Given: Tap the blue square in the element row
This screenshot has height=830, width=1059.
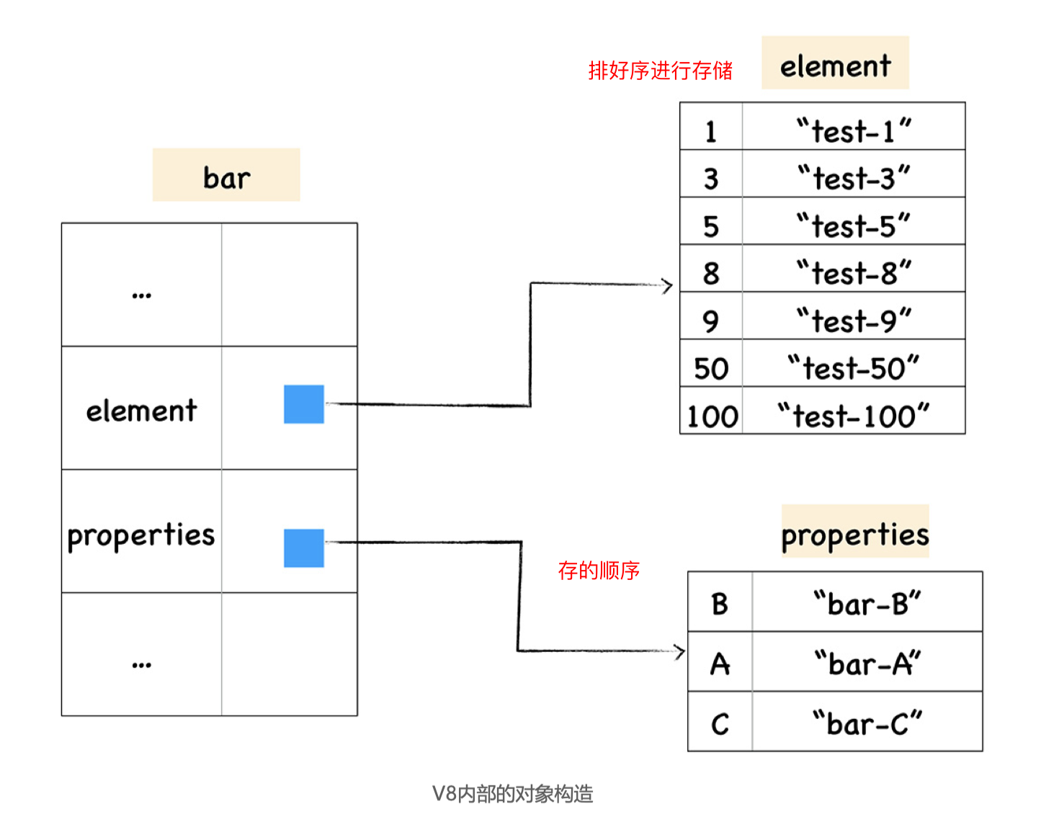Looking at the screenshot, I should coord(303,404).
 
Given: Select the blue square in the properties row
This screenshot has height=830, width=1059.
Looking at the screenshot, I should coord(303,548).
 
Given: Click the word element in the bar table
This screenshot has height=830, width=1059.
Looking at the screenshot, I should coord(141,411).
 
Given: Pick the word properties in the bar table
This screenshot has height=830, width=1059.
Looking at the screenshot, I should coord(141,535).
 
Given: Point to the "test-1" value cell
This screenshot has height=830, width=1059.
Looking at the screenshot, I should coord(854,130).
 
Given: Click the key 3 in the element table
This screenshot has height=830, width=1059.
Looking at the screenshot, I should coord(711,179).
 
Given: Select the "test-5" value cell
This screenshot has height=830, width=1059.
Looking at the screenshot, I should coord(854,226).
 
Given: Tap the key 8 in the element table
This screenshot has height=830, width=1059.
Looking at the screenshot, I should coord(711,273).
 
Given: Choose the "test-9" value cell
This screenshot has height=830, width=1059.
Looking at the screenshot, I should coord(854,321).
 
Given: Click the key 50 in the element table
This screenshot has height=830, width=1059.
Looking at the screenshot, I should coord(711,368).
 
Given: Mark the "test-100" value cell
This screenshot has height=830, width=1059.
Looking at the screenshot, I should coord(854,416).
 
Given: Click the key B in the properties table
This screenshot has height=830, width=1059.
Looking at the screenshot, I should coord(720,604).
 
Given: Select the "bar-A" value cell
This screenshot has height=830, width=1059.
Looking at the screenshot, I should coord(867,664).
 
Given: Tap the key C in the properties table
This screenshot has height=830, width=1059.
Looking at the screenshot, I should coord(720,723).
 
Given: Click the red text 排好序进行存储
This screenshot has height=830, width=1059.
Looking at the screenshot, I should coord(660,71).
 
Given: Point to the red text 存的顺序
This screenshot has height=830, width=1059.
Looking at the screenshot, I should coord(599,571).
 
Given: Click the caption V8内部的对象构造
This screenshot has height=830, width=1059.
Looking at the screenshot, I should coord(512,794).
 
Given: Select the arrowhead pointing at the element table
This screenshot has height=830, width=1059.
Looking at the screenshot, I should coord(668,285).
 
